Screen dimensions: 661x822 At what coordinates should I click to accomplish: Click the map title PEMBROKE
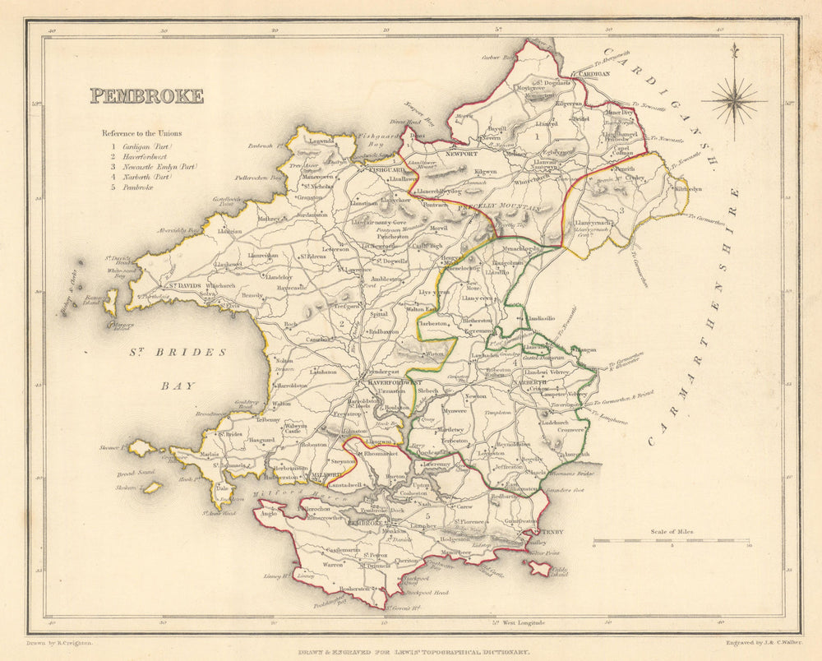pyautogui.click(x=146, y=96)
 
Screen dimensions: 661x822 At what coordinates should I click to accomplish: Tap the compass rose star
pyautogui.click(x=734, y=102)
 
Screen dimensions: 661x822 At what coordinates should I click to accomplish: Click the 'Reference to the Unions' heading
pyautogui.click(x=141, y=133)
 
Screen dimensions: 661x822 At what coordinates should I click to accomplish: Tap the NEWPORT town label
pyautogui.click(x=462, y=154)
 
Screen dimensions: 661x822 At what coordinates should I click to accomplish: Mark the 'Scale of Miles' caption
pyautogui.click(x=672, y=532)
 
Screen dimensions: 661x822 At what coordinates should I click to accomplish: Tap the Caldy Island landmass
pyautogui.click(x=540, y=567)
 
